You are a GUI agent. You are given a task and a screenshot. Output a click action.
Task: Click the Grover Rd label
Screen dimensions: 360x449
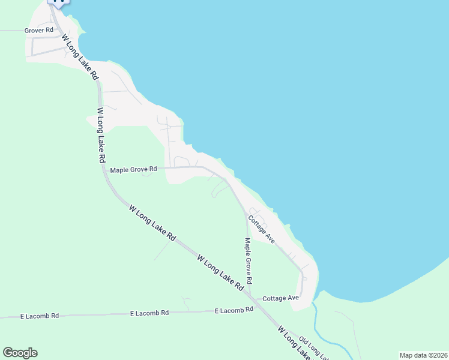tap(39, 30)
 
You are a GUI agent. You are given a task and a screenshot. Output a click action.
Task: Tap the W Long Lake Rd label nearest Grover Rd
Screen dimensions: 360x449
tap(80, 56)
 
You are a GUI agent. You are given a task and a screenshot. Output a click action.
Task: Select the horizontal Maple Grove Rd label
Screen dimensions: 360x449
tap(133, 170)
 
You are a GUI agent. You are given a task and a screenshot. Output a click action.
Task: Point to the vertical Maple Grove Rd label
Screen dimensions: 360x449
tap(247, 261)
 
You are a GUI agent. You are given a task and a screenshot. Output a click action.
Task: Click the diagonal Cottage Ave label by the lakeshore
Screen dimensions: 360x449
tap(262, 230)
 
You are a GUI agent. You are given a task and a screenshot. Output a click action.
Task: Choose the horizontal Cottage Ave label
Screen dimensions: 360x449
tap(280, 298)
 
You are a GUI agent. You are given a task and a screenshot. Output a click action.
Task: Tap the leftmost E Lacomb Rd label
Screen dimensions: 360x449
tap(40, 316)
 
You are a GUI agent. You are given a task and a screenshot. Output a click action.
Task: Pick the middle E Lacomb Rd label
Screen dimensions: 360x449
tap(149, 313)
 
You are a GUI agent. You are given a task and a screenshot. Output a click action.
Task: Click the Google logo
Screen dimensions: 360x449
tap(20, 353)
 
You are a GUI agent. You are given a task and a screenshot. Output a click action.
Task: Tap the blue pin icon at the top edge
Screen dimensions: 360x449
tap(58, 2)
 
